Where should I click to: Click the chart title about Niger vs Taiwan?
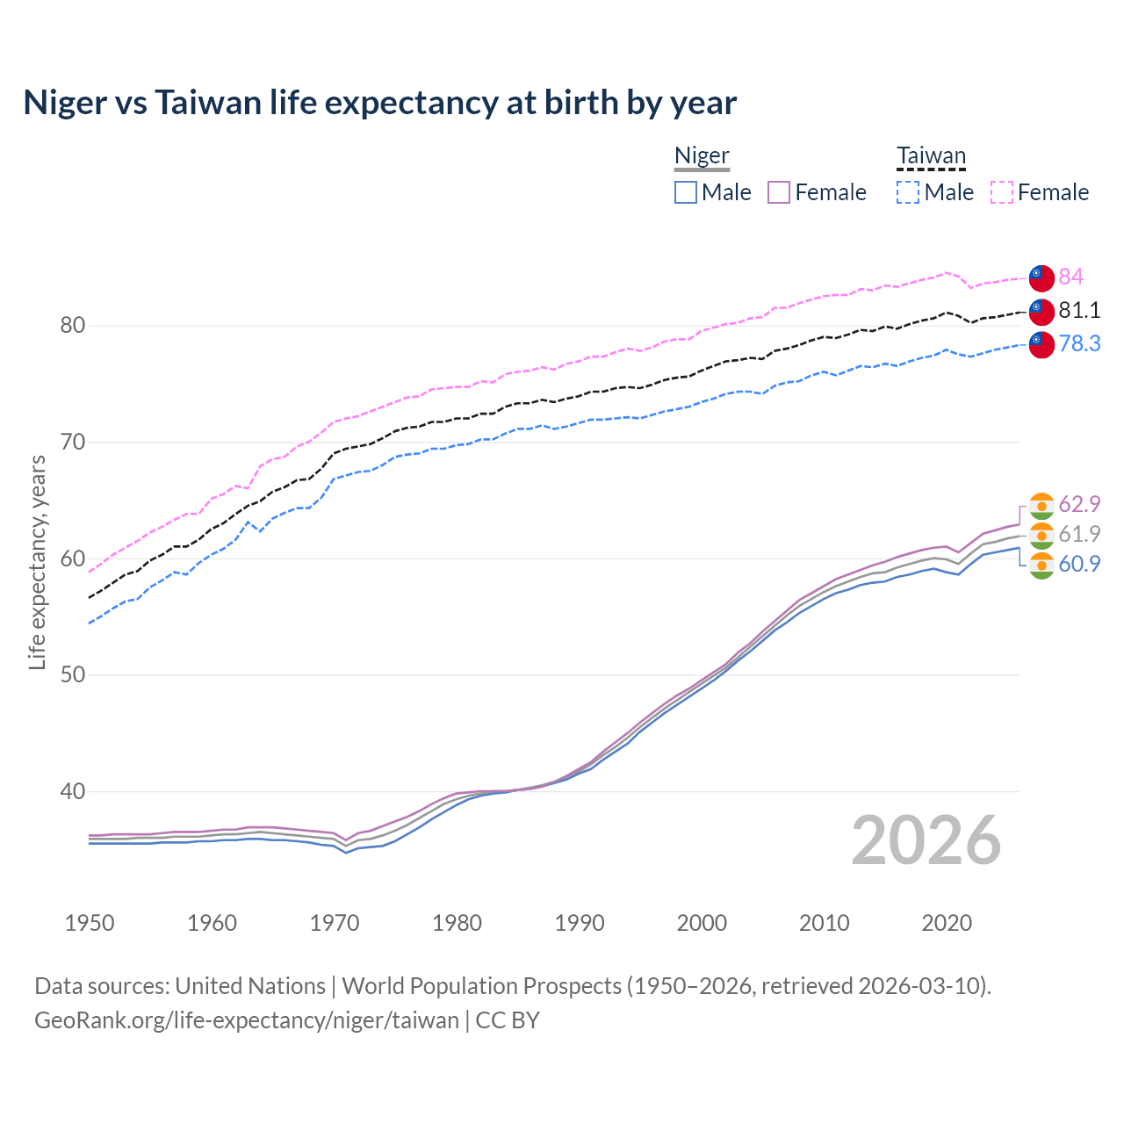point(379,103)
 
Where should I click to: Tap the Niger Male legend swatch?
point(686,192)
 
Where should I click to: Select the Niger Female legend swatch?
point(779,192)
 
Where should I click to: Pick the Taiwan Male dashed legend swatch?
point(908,192)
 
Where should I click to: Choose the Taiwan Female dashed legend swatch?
point(1002,192)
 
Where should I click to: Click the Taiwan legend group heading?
point(931,155)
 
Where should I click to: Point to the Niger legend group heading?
point(702,155)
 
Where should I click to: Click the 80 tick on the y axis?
point(72,325)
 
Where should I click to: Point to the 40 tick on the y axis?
point(72,791)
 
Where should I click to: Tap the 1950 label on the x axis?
point(90,923)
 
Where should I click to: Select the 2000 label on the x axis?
point(702,923)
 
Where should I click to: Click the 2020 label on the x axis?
point(947,923)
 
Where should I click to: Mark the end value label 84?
point(1070,277)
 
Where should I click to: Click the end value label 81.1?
point(1079,310)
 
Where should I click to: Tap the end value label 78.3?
point(1079,343)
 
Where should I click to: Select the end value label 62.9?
point(1079,504)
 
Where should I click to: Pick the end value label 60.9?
point(1079,564)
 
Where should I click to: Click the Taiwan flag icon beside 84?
point(1041,277)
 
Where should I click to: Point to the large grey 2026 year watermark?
point(926,840)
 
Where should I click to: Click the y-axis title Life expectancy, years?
point(37,562)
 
